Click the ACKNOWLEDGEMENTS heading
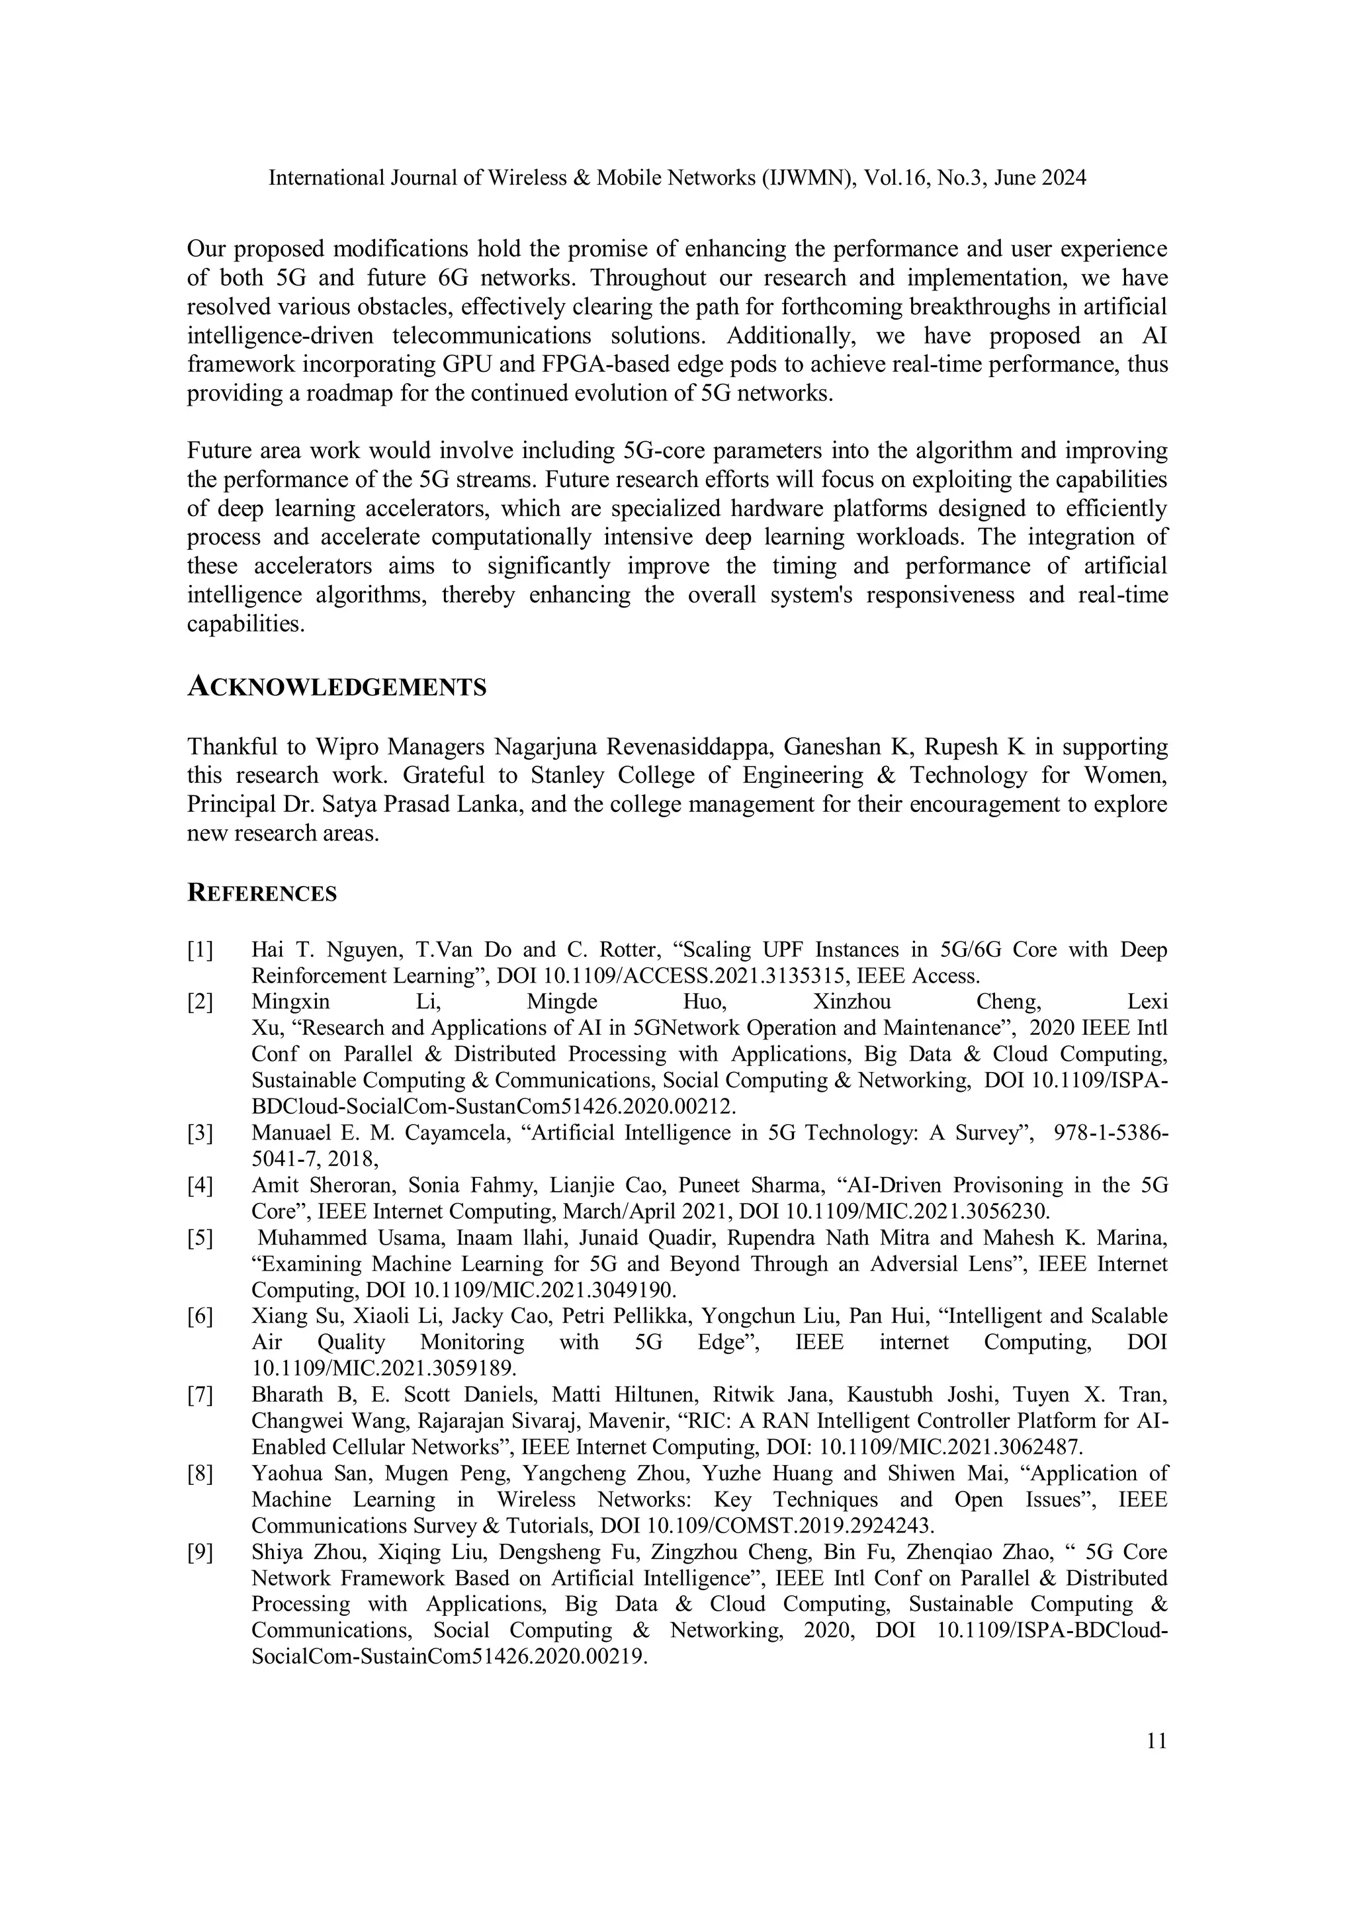[337, 687]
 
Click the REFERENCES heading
[261, 893]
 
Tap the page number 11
[1157, 1741]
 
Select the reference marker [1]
[200, 950]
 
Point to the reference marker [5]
[200, 1237]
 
